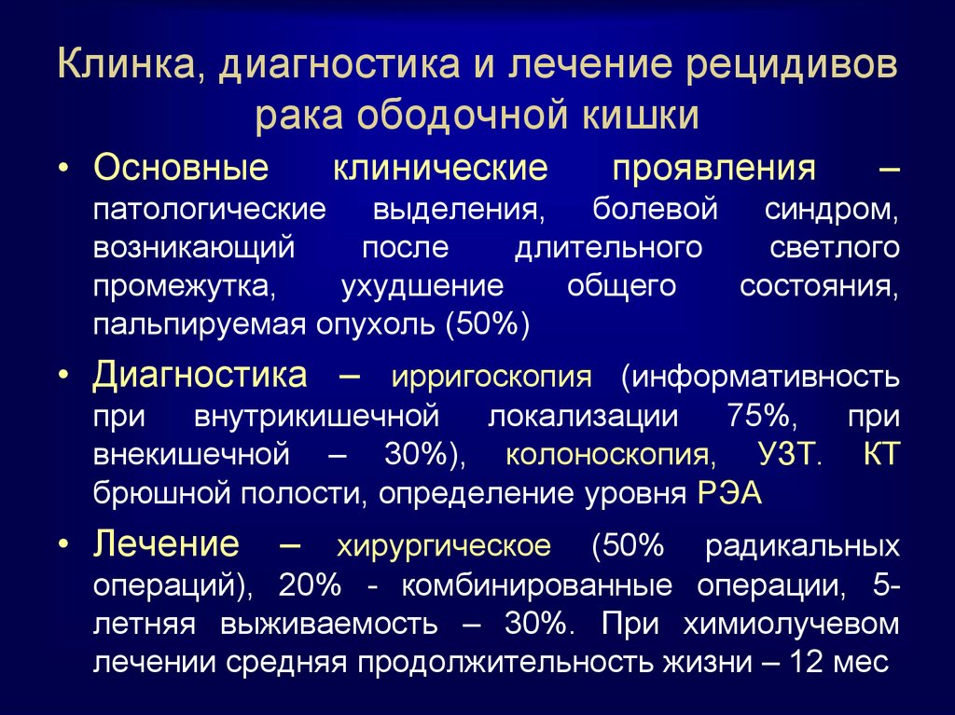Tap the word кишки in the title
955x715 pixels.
(640, 115)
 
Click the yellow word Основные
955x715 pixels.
(181, 167)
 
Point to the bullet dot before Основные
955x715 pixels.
(64, 168)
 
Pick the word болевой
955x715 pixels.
(656, 209)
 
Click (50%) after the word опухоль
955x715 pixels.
(488, 324)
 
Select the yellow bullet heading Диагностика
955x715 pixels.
(200, 375)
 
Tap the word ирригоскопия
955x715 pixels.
(491, 378)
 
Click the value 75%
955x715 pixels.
(759, 416)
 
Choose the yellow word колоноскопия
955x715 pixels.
(611, 455)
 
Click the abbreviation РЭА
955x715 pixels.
(729, 493)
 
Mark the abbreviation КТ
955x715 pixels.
(881, 454)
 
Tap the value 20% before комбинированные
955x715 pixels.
(310, 585)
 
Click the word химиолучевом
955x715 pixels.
(791, 624)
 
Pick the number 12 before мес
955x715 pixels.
(807, 662)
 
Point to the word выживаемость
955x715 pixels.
(329, 624)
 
